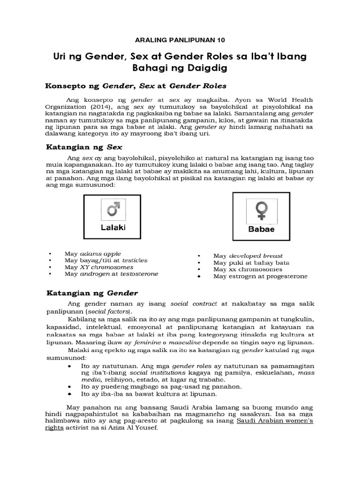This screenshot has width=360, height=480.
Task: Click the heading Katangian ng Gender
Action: pyautogui.click(x=91, y=293)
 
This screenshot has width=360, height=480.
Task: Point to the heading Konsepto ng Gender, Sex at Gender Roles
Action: pyautogui.click(x=135, y=86)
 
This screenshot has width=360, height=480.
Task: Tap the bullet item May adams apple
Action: pyautogui.click(x=93, y=254)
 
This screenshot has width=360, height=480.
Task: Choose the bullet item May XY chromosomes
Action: pyautogui.click(x=100, y=267)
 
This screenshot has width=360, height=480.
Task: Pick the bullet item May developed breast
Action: pyautogui.click(x=248, y=255)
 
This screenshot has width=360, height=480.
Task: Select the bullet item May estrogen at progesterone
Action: pyautogui.click(x=260, y=276)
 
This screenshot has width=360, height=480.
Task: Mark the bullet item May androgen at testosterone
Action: pyautogui.click(x=111, y=273)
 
